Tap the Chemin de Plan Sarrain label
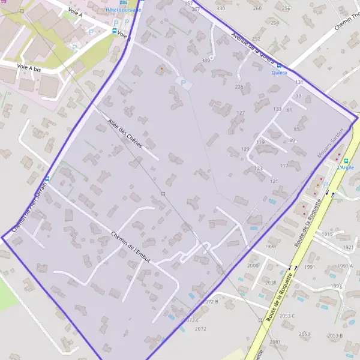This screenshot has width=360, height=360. coord(29,204)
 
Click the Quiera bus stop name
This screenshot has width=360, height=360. coord(278,73)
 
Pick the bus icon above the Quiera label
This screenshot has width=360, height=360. coord(278,65)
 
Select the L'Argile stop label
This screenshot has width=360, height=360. coord(346,167)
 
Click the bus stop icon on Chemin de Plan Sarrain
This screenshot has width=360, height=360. coord(47,178)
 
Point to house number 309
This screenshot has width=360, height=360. coord(206,61)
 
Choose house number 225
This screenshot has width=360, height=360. coord(239,87)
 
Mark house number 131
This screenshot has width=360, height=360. coord(299,82)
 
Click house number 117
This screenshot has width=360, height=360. coord(284,166)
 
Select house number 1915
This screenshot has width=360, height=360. coord(327,234)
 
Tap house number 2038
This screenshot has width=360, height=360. coord(271,283)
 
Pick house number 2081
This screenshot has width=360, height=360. coord(275,342)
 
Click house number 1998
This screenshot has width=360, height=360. coord(271,246)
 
